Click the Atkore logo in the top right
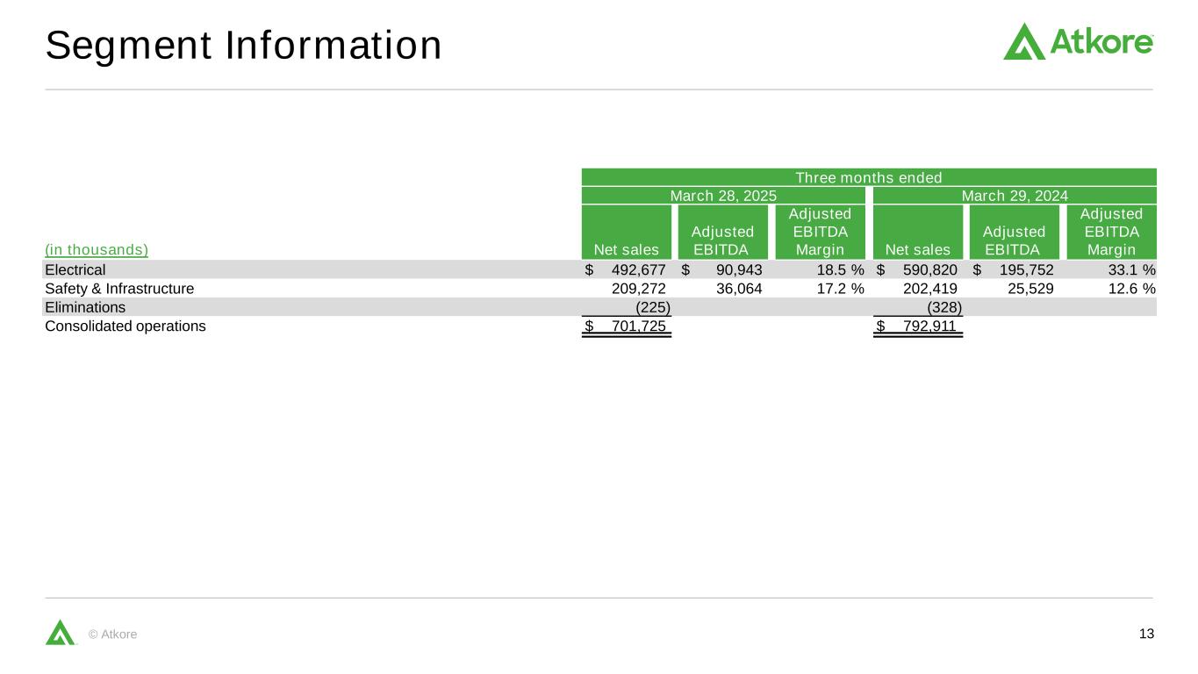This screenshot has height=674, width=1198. click(x=1078, y=42)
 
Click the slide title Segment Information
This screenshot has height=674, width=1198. click(x=243, y=46)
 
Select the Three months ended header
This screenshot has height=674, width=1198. click(x=868, y=177)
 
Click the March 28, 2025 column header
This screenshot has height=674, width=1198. click(x=723, y=196)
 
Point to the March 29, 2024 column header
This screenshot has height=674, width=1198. click(x=1015, y=196)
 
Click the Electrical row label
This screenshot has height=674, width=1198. click(x=75, y=269)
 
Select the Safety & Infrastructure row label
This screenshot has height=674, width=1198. click(x=119, y=288)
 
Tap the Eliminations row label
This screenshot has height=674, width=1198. click(x=85, y=307)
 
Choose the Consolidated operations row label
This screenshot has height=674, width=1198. click(x=126, y=326)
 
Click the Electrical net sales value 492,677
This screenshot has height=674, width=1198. click(x=638, y=269)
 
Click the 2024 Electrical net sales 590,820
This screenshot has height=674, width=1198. click(x=929, y=269)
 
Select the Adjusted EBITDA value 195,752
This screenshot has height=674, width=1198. click(x=1026, y=269)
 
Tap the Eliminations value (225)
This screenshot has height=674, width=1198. click(x=653, y=307)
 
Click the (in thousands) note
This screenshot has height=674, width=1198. click(x=97, y=250)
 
